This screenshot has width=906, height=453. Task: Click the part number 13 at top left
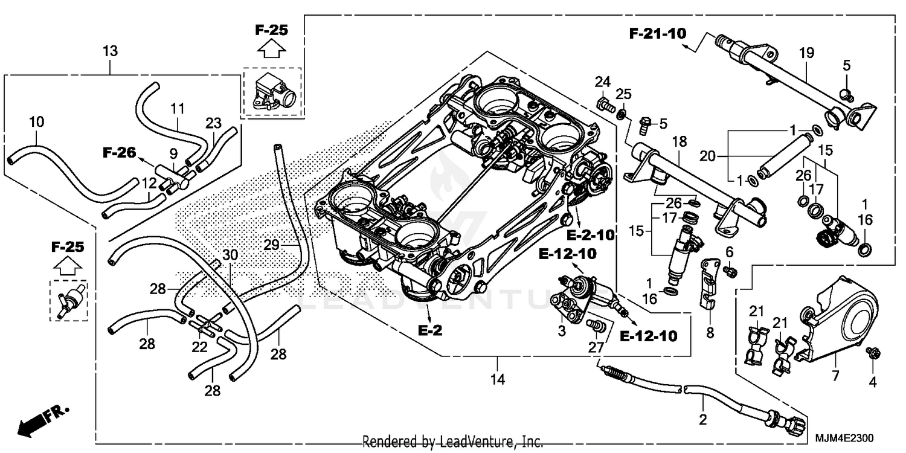tap(111, 51)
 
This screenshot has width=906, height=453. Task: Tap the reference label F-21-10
tap(658, 34)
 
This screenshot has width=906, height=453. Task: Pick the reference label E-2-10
tap(590, 236)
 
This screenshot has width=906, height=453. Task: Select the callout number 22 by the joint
tap(199, 347)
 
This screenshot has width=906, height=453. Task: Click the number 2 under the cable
tap(702, 420)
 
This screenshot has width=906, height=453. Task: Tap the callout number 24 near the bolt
tap(603, 82)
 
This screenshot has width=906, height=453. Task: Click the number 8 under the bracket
tap(710, 332)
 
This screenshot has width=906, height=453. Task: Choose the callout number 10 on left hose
tap(36, 121)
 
